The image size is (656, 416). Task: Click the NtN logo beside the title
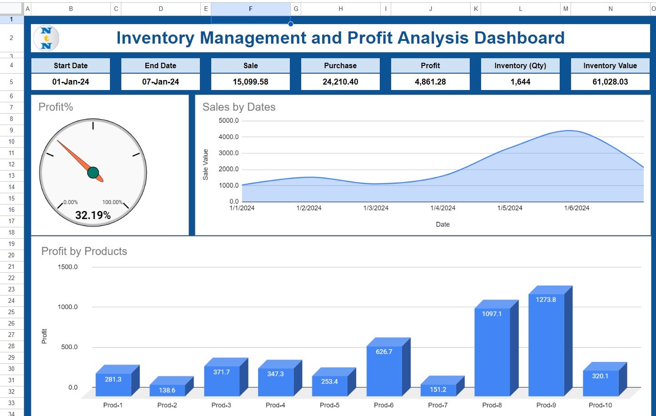46,38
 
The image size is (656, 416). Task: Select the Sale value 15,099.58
250,82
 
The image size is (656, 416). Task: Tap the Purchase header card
340,65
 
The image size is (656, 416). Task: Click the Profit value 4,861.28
430,82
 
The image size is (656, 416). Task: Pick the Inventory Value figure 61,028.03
610,82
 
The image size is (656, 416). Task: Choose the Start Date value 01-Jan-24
70,82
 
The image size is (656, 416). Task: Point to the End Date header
160,65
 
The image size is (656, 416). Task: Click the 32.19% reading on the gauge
93,215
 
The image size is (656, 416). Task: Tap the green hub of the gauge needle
93,173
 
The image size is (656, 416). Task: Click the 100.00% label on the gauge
112,202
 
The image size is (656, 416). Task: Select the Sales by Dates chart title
239,107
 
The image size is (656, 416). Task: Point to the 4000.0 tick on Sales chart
229,136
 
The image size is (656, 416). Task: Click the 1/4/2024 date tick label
442,208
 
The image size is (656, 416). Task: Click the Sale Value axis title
205,165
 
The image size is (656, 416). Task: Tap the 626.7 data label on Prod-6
383,351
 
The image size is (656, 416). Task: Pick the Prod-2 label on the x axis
167,405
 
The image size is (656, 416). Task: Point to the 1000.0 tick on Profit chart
68,307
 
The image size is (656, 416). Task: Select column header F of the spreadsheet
251,9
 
